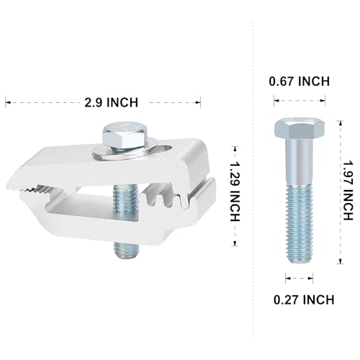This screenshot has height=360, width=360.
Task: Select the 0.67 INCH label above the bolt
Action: coord(300,82)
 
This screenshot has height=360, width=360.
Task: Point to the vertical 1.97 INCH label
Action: coord(348,190)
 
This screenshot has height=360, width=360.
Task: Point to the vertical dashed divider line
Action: coord(253,180)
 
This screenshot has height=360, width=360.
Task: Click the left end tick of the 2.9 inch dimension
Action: coord(7,102)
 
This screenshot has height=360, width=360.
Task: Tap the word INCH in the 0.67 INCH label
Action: coord(314,82)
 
